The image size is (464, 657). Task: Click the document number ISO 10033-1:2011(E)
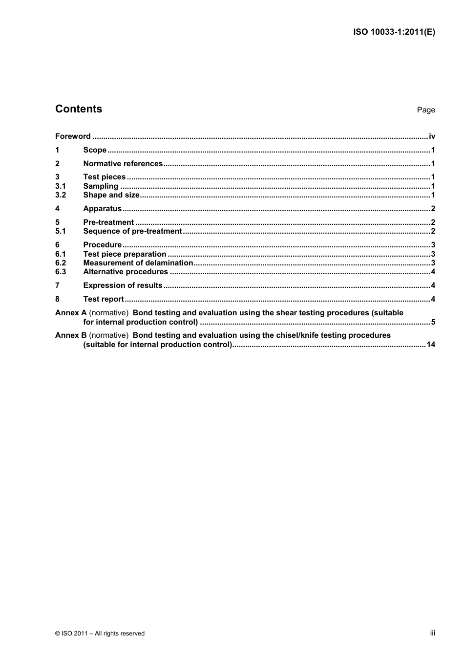[x=394, y=32]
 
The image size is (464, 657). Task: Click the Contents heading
[x=79, y=109]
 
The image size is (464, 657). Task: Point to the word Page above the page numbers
[x=425, y=110]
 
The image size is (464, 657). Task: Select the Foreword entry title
[x=73, y=136]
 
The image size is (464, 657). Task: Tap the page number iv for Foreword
[x=432, y=136]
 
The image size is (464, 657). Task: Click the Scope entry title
[x=95, y=150]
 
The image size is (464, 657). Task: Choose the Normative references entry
[x=123, y=164]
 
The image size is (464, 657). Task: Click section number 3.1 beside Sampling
[x=60, y=186]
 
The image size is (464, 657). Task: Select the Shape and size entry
[x=111, y=195]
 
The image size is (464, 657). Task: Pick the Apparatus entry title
[x=102, y=209]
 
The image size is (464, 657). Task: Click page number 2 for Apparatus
[x=433, y=209]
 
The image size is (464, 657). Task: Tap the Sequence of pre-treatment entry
[x=132, y=231]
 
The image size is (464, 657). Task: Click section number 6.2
[x=60, y=263]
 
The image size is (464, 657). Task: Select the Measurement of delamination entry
[x=138, y=263]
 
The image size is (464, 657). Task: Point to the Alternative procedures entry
[x=126, y=272]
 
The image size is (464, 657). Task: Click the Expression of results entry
[x=123, y=285]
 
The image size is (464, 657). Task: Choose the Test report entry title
[x=104, y=299]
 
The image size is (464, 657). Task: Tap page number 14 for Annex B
[x=431, y=345]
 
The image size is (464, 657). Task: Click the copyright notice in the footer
[x=100, y=634]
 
